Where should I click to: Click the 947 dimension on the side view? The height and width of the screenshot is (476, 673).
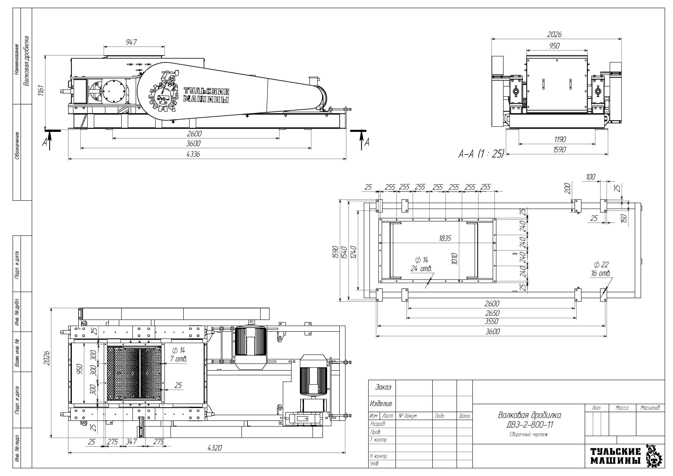[131, 42]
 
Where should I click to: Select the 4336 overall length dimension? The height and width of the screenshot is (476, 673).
[193, 154]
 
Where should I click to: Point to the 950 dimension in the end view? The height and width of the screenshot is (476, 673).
[554, 46]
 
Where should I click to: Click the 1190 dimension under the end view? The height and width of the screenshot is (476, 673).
[560, 139]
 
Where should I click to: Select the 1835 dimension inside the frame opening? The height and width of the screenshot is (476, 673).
[445, 239]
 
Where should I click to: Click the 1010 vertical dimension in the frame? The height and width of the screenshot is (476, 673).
[455, 259]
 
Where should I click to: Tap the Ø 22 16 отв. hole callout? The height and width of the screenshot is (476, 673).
[601, 269]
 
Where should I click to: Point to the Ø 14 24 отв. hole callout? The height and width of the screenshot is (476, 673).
[422, 264]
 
